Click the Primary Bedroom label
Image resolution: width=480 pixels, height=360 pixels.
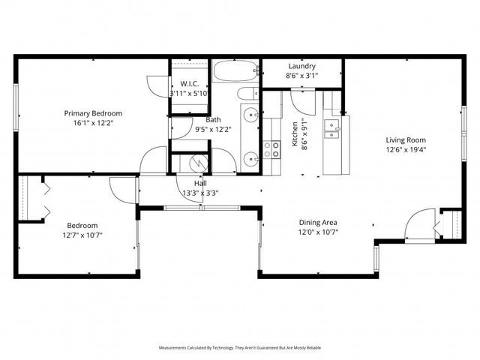pos(97,113)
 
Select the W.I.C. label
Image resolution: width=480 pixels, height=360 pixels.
pos(189,83)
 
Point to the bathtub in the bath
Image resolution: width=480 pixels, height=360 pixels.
pos(235,72)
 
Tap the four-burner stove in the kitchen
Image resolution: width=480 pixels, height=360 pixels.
pos(271,149)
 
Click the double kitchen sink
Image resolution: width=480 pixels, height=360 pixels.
pos(331,128)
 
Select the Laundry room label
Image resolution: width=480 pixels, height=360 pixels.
pos(301,66)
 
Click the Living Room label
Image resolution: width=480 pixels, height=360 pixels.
pos(406,139)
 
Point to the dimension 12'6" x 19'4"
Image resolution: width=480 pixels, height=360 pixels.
pos(406,149)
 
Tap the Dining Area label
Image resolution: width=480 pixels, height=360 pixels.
pos(319,222)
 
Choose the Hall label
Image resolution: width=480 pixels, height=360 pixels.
pos(200,183)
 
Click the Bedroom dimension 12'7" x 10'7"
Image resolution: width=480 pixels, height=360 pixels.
pos(82,235)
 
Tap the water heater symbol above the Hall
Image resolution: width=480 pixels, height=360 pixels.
pos(198,162)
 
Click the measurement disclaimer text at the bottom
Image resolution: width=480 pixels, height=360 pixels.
pos(240,348)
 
